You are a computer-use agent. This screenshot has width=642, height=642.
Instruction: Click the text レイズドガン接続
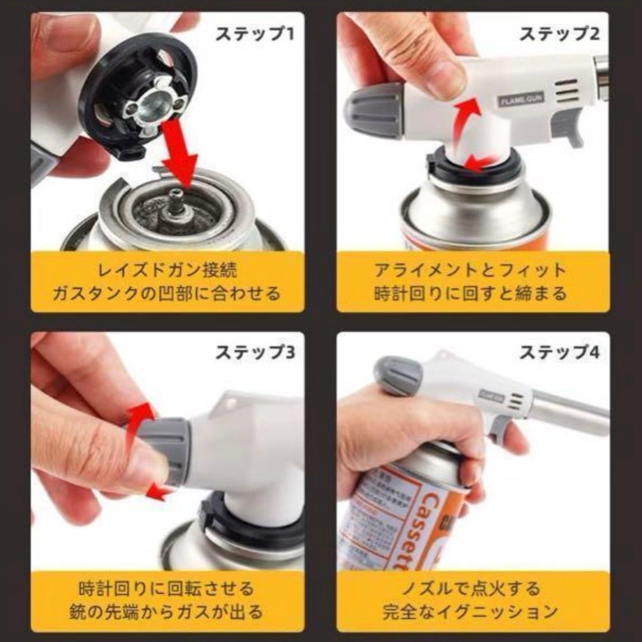tap(167, 270)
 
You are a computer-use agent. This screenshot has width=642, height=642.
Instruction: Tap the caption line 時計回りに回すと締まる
tap(470, 293)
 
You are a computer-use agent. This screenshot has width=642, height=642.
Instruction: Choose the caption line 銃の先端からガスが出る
tap(167, 611)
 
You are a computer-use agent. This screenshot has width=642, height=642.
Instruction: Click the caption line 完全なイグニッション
tap(470, 611)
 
